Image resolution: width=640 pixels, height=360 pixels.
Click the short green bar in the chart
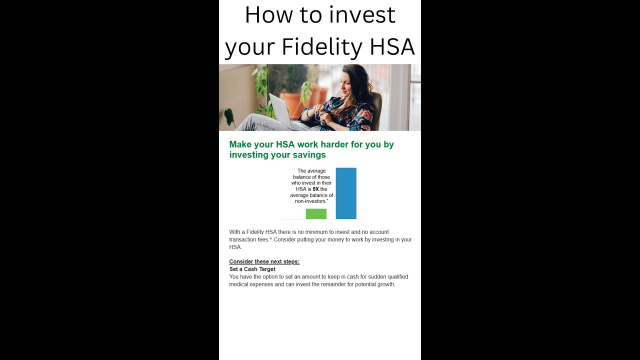(316, 214)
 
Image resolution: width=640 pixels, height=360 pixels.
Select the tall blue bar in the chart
(346, 193)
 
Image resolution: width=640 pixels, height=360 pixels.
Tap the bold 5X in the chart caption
(315, 189)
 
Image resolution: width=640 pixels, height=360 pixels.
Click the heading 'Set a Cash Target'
(252, 269)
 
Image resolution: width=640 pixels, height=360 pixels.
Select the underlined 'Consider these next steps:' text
(264, 261)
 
